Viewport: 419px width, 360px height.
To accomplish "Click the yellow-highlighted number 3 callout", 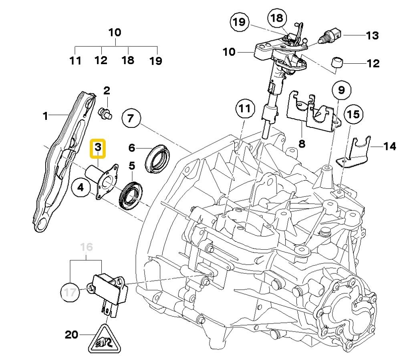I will point(98,147).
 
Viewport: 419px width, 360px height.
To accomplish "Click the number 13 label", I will point(372,35).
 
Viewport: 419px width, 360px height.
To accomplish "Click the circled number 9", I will point(340,91).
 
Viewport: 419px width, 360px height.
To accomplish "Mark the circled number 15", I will point(354,115).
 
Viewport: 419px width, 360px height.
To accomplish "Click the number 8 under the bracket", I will point(301,143).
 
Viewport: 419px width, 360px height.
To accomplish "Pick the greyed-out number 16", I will point(87,247).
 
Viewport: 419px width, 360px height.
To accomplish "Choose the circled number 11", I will point(245,109).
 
